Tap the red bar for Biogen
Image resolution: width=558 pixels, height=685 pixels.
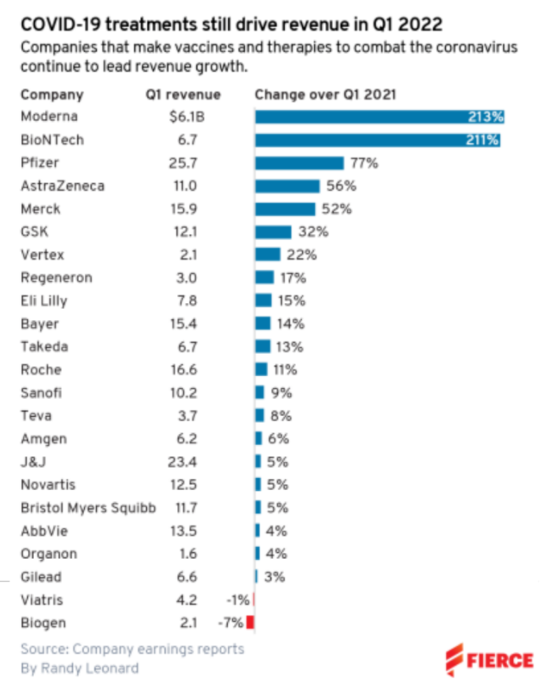pos(251,623)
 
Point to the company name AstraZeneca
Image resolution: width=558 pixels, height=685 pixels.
pos(62,186)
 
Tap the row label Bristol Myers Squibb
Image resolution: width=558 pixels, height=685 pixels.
pos(88,508)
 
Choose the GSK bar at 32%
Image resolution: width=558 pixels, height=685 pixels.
pos(273,231)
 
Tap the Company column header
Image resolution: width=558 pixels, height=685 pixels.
pos(52,94)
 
